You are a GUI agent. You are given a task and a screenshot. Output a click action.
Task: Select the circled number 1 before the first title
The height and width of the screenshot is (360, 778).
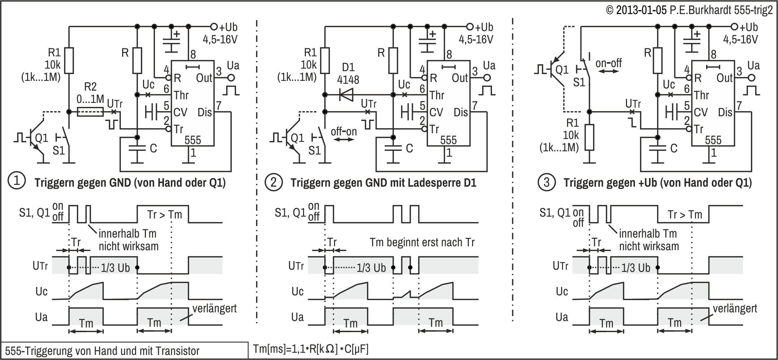[17, 182]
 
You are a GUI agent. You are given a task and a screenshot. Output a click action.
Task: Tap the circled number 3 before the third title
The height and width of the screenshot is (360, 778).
[546, 182]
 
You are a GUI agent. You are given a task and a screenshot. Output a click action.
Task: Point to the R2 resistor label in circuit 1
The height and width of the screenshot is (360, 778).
[90, 87]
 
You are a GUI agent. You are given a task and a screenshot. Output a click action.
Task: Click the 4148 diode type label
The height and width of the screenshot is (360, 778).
[348, 79]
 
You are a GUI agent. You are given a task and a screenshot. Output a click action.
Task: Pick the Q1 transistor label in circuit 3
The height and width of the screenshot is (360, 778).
[562, 69]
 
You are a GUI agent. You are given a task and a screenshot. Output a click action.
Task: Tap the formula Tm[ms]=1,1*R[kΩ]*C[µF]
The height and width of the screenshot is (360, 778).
[311, 349]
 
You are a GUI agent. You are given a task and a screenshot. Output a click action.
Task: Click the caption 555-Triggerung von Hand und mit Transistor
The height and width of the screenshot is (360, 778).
[102, 351]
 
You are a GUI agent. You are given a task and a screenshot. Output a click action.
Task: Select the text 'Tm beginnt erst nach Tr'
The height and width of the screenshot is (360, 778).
[422, 242]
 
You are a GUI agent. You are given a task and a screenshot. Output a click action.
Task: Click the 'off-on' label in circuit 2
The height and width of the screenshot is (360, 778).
[344, 131]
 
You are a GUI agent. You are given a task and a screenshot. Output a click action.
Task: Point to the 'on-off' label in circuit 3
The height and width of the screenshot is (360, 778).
[609, 64]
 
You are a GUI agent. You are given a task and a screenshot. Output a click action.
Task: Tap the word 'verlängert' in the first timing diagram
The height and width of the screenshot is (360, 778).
[215, 309]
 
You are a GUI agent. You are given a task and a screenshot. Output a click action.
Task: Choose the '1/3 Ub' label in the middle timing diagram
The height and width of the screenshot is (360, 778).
[371, 268]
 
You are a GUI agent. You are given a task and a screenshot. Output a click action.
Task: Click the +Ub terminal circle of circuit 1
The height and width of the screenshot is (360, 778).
[213, 27]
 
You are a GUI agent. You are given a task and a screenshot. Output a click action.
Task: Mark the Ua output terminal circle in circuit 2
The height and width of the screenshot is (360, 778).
[487, 78]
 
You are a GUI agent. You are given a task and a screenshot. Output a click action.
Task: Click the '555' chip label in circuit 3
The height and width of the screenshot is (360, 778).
[713, 140]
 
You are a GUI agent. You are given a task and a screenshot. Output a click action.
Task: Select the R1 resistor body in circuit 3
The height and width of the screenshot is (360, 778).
[589, 137]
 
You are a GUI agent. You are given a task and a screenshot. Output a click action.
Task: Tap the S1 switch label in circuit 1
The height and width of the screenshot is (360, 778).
[59, 150]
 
